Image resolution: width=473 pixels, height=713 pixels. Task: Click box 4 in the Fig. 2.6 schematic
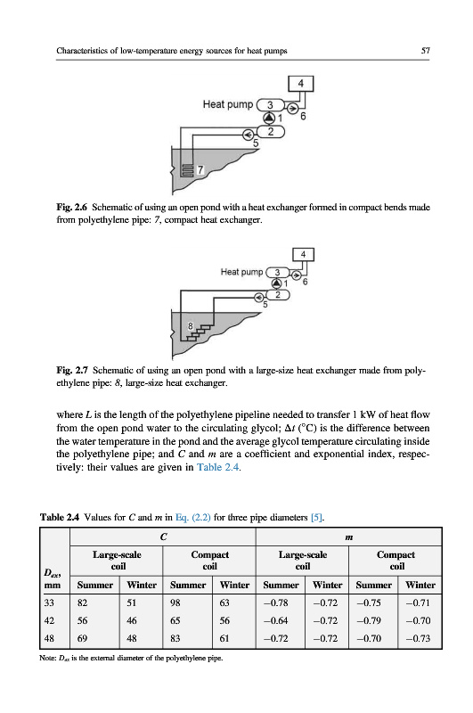[x=301, y=84]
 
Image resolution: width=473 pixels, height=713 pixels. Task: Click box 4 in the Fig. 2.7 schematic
[x=303, y=255]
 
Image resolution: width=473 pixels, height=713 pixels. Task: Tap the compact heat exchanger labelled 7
[x=187, y=169]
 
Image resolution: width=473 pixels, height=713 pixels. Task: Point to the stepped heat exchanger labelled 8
[x=196, y=332]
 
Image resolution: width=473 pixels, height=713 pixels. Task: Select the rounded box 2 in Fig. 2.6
[x=271, y=132]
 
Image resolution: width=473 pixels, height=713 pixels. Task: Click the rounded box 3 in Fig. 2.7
[x=277, y=273]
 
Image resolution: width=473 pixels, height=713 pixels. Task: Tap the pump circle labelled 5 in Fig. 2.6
[x=249, y=135]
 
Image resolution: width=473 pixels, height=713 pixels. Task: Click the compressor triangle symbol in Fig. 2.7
[x=276, y=283]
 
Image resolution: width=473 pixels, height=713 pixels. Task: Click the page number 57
[x=425, y=51]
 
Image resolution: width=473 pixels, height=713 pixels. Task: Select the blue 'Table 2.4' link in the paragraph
[x=217, y=467]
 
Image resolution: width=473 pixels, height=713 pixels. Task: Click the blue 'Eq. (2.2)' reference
[x=192, y=517]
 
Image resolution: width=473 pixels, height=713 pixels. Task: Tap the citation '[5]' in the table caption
[x=316, y=517]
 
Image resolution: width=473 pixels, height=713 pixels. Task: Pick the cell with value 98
[x=175, y=603]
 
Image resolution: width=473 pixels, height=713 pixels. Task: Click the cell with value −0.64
[x=275, y=620]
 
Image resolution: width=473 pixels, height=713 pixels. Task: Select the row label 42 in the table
[x=49, y=620]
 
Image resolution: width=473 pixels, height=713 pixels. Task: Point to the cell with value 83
[x=175, y=638]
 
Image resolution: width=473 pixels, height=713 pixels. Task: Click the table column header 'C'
[x=164, y=537]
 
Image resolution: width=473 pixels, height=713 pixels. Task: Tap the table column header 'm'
[x=348, y=537]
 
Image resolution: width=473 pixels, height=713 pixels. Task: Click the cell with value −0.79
[x=369, y=620]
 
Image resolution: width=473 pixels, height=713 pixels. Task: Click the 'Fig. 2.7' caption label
[x=72, y=370]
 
